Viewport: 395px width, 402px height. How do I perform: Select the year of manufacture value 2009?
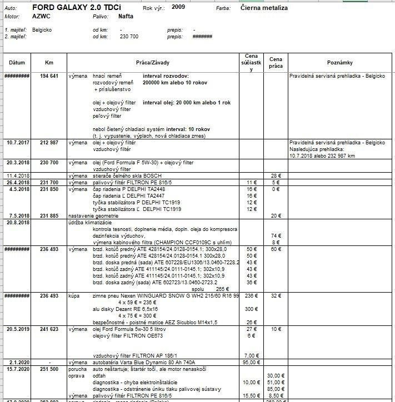[178, 7]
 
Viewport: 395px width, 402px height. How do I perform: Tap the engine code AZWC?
[42, 17]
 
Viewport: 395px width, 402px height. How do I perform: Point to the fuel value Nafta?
[126, 17]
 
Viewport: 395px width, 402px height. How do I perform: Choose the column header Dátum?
[17, 63]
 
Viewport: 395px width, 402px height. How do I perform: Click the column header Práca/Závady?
[153, 63]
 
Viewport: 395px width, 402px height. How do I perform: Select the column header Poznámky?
[341, 63]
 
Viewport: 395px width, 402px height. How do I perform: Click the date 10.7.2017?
[17, 143]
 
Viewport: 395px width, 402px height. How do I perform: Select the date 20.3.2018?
[17, 163]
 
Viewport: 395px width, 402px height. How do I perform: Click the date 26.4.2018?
[17, 182]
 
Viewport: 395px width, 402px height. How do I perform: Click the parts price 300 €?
[252, 309]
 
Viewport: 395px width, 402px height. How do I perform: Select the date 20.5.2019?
[17, 329]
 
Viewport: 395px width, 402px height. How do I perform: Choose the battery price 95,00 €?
[252, 362]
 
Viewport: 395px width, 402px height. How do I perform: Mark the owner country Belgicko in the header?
[42, 29]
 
